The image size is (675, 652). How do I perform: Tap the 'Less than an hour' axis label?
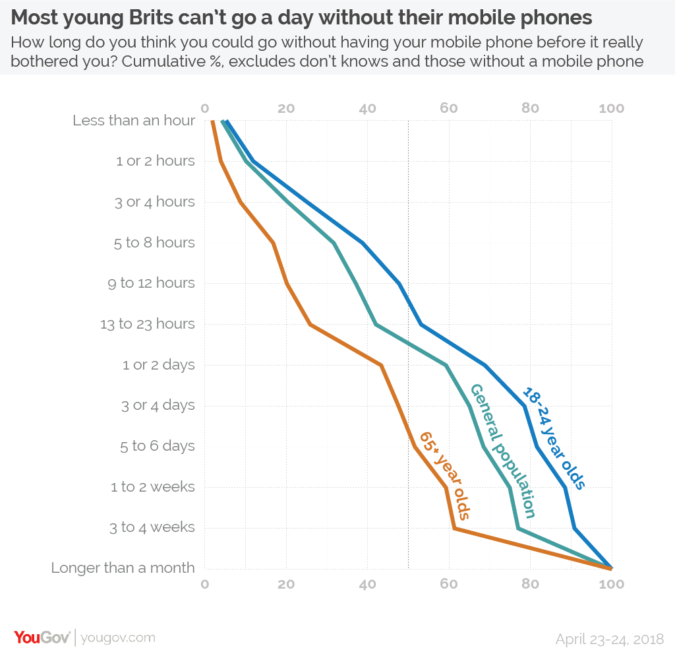point(134,121)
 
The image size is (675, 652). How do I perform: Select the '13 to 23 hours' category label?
point(148,324)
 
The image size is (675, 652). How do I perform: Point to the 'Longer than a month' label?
point(123,568)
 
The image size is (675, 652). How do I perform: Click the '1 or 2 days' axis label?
point(159,365)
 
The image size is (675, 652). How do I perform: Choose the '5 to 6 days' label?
point(158,446)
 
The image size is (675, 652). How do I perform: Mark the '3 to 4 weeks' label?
point(152,527)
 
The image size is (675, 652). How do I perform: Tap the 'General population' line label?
point(501,451)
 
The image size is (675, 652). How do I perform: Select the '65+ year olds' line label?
point(445,475)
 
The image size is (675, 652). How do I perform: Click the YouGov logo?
point(42,637)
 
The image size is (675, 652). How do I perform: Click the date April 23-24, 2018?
point(609,639)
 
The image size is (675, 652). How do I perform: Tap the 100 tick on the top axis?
point(611,109)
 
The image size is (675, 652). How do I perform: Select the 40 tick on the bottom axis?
point(367,584)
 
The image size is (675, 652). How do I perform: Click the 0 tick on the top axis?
point(204,109)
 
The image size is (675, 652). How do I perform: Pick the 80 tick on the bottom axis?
point(530,584)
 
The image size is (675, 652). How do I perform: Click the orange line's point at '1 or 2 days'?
point(382,364)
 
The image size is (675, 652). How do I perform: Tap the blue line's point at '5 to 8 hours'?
point(363,243)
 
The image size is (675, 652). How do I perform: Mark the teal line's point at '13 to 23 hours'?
point(376,324)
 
